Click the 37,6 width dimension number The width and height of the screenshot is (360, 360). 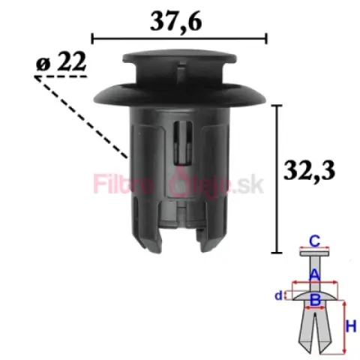[x=175, y=22]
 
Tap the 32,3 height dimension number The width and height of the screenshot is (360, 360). [x=309, y=171]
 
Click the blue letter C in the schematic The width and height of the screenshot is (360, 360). [x=314, y=241]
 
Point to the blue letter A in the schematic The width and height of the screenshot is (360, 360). [x=314, y=274]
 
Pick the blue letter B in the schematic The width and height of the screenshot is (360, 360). [x=315, y=299]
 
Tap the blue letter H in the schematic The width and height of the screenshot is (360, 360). [x=351, y=326]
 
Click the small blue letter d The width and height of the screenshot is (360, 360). [x=278, y=295]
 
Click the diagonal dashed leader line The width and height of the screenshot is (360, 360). [x=82, y=117]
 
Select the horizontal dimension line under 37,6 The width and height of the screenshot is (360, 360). [x=179, y=39]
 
